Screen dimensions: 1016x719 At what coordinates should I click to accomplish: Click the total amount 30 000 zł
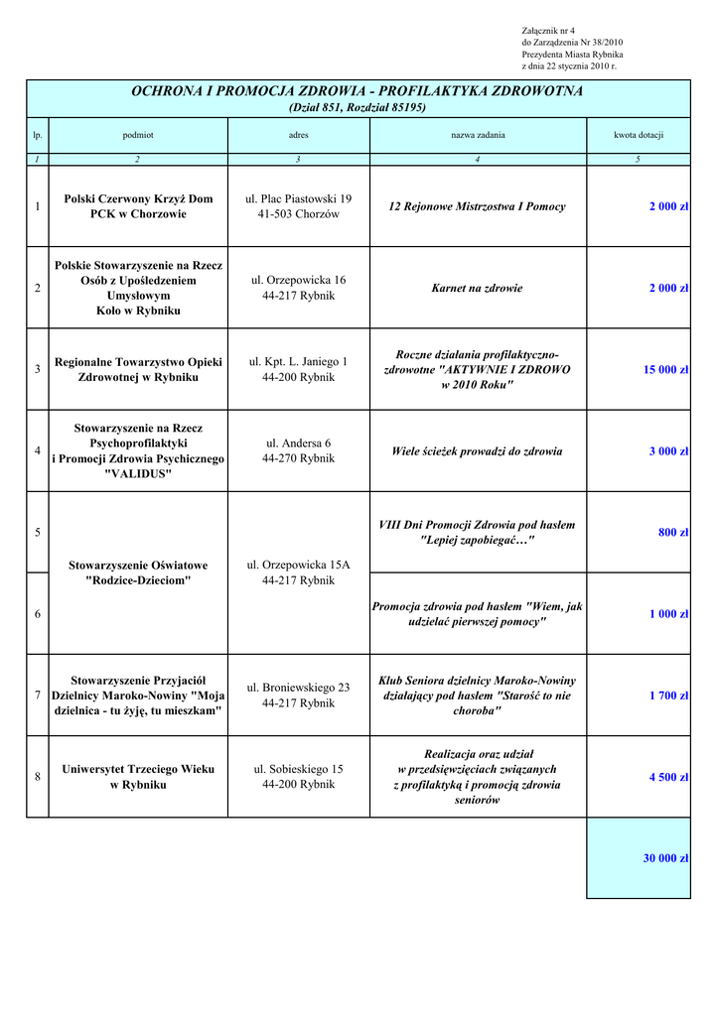pyautogui.click(x=665, y=858)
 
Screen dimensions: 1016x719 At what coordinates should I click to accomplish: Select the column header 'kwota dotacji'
pyautogui.click(x=638, y=135)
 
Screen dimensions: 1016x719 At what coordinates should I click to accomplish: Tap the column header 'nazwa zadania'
pyautogui.click(x=478, y=135)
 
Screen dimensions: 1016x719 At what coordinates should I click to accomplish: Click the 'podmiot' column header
pyautogui.click(x=138, y=135)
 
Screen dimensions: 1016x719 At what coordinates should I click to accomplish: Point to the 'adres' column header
pyautogui.click(x=298, y=135)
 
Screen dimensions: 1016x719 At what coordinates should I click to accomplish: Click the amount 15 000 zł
pyautogui.click(x=665, y=370)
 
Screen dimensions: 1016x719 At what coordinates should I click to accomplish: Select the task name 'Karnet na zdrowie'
pyautogui.click(x=477, y=289)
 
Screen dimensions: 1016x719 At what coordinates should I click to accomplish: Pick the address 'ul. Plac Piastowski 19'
pyautogui.click(x=298, y=199)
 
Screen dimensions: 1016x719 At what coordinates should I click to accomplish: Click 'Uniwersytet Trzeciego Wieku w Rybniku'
pyautogui.click(x=138, y=777)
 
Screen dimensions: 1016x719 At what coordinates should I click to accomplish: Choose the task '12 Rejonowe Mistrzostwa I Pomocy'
pyautogui.click(x=477, y=207)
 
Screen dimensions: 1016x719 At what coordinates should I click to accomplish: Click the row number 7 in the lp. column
pyautogui.click(x=37, y=696)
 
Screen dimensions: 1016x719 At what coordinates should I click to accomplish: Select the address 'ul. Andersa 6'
pyautogui.click(x=298, y=444)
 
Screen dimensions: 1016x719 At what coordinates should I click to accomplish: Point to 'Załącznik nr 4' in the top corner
pyautogui.click(x=548, y=31)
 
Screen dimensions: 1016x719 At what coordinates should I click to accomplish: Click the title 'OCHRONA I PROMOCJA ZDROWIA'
pyautogui.click(x=358, y=91)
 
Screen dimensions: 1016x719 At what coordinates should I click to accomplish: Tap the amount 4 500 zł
pyautogui.click(x=668, y=778)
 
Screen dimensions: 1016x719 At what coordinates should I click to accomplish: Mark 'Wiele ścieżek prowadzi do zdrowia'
pyautogui.click(x=477, y=451)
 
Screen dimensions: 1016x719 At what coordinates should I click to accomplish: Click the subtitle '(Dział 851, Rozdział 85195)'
pyautogui.click(x=358, y=107)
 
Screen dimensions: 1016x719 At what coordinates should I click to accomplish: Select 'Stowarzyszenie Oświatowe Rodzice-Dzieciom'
pyautogui.click(x=138, y=572)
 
